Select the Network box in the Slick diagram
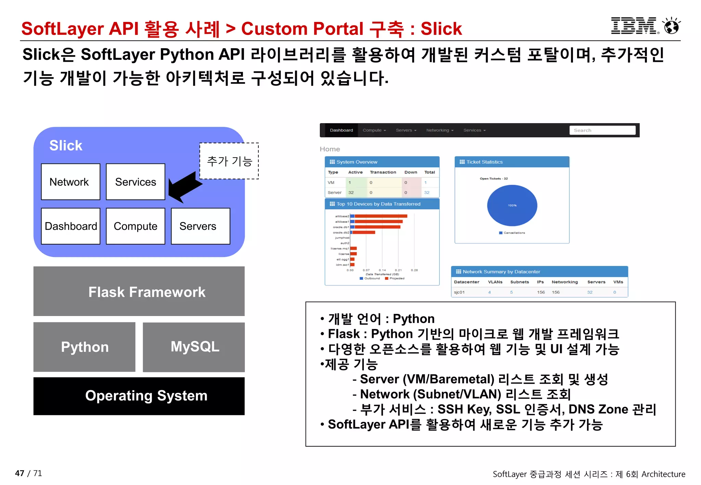[x=71, y=182]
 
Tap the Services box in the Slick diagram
[x=136, y=182]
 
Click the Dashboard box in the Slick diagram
[x=71, y=226]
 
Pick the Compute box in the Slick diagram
[x=136, y=226]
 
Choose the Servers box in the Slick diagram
[x=200, y=226]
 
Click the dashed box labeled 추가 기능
[x=229, y=161]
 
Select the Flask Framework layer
[x=139, y=291]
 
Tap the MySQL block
[x=194, y=347]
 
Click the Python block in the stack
[x=85, y=347]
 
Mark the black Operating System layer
[x=139, y=396]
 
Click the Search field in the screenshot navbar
[x=602, y=130]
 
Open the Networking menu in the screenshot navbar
[x=439, y=130]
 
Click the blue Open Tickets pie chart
[x=512, y=205]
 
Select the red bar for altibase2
[x=381, y=216]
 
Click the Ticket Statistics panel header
[x=512, y=162]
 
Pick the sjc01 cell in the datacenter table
[x=459, y=292]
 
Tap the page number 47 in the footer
[x=20, y=473]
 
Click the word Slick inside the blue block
[x=66, y=145]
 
